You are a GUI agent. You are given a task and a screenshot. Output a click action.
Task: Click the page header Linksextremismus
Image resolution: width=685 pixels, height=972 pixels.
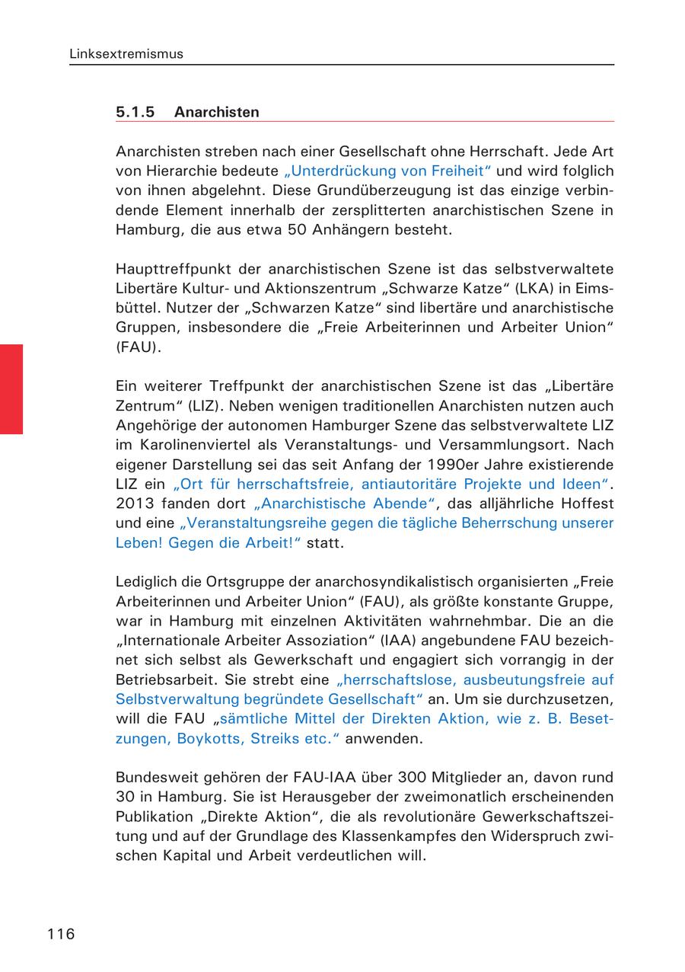pos(126,54)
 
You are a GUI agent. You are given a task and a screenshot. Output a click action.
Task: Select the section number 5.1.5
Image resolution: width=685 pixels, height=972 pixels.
pos(135,112)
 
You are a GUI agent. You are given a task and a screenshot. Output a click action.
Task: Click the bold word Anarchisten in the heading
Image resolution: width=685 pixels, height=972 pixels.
pos(216,112)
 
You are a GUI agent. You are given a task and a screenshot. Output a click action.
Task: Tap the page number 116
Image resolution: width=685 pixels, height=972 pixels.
pos(61,934)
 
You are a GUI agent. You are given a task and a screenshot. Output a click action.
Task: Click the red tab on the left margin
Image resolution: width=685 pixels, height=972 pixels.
pos(11,388)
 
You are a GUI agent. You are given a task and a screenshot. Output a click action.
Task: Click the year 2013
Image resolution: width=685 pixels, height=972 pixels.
pos(134,504)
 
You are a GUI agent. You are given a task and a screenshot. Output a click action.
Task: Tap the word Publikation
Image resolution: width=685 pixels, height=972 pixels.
pos(153,817)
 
